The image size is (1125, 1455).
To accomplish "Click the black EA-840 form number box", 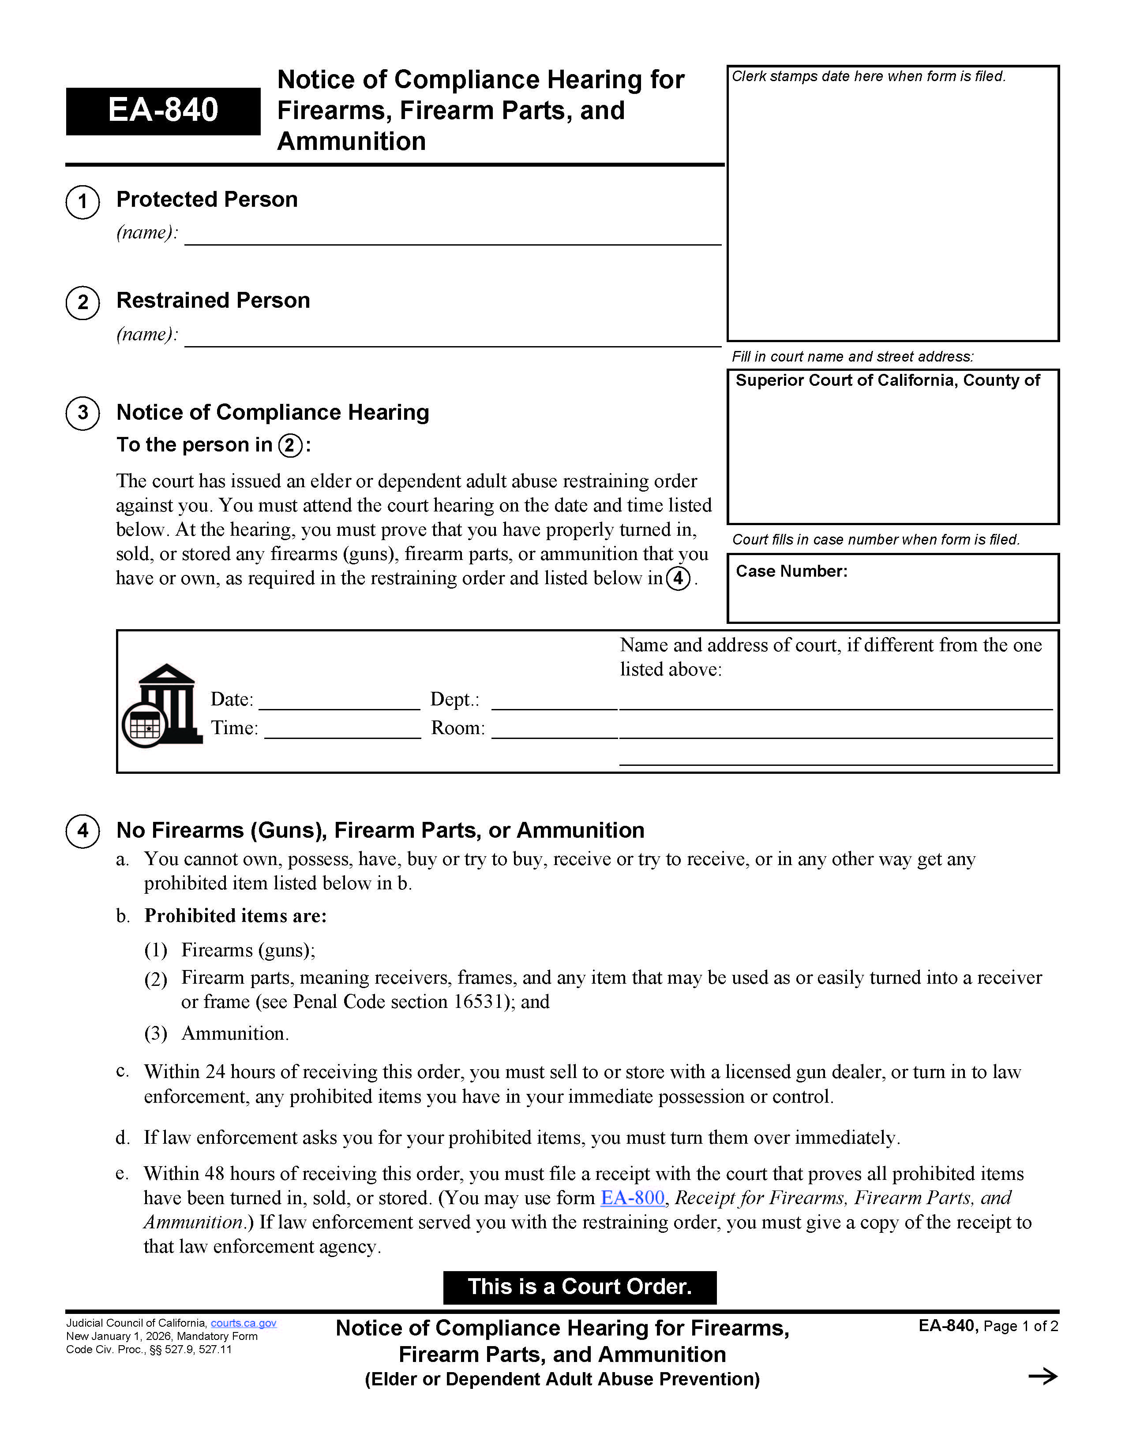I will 163,111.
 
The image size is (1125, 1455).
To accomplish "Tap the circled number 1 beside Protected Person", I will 82,201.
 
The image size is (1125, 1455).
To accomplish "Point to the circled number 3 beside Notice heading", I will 82,413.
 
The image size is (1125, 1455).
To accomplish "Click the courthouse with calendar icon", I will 162,706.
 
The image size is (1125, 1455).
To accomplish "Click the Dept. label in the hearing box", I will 454,700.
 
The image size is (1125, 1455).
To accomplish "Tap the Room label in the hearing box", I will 458,728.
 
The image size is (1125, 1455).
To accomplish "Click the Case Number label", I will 791,571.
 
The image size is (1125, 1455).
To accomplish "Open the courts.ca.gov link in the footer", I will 243,1323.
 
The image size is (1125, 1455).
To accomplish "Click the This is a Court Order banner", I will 579,1287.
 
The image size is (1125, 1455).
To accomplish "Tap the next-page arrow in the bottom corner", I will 1042,1377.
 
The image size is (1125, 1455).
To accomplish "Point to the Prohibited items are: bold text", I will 235,916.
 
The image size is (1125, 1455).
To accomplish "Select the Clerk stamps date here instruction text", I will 868,77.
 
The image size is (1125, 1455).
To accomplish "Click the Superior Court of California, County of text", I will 887,381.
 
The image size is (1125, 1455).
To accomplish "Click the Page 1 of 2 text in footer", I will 1020,1326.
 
